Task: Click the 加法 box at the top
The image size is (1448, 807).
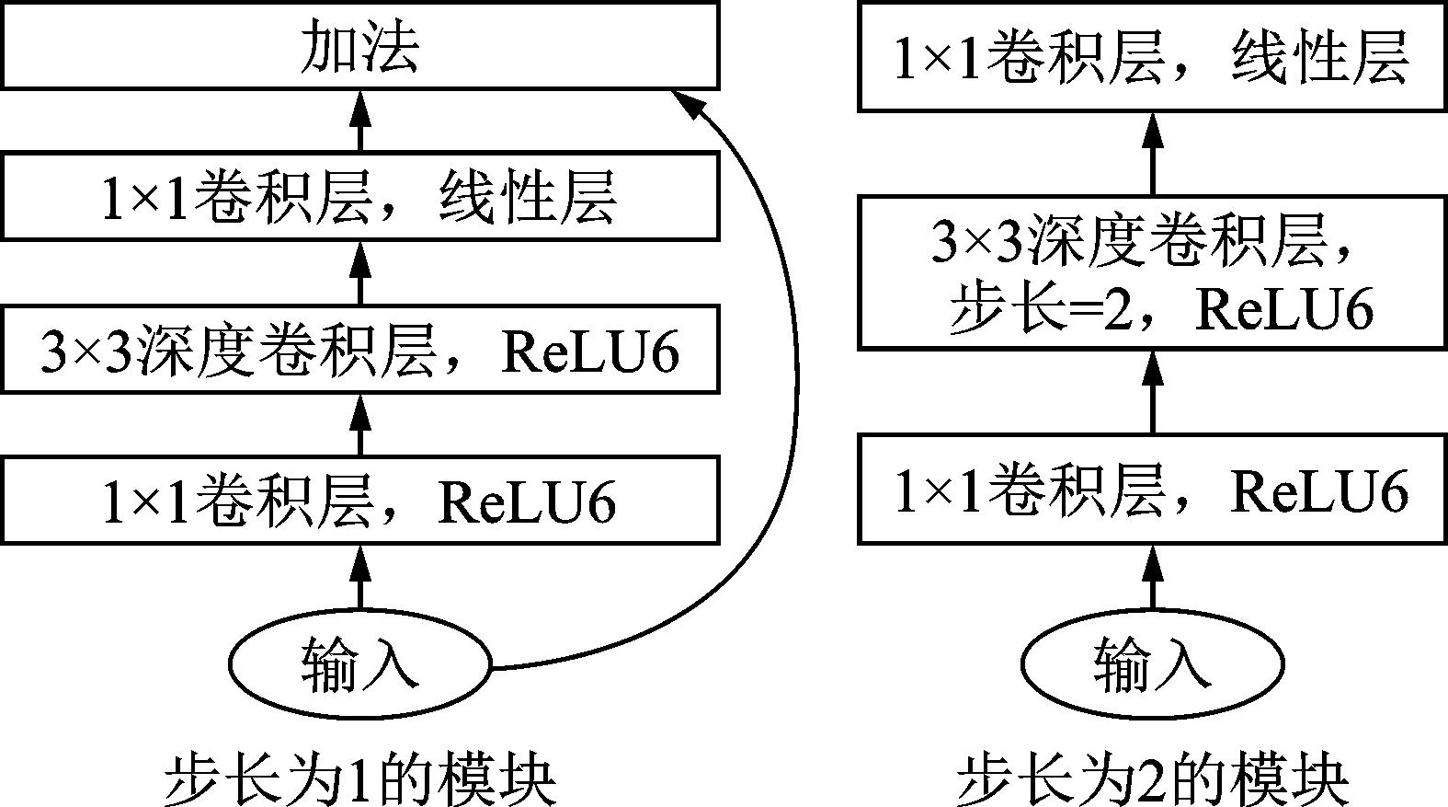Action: pos(359,46)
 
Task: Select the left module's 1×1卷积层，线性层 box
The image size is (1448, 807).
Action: pos(359,197)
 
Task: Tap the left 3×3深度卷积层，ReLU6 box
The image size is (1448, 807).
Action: pos(359,351)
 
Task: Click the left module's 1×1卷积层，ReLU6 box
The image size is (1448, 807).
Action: pos(359,501)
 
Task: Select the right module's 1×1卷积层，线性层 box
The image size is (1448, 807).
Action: pos(1152,57)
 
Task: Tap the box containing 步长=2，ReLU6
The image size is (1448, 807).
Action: pos(1152,272)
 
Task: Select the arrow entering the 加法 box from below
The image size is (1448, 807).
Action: pos(359,120)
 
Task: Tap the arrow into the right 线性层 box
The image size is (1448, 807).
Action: pos(1152,152)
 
